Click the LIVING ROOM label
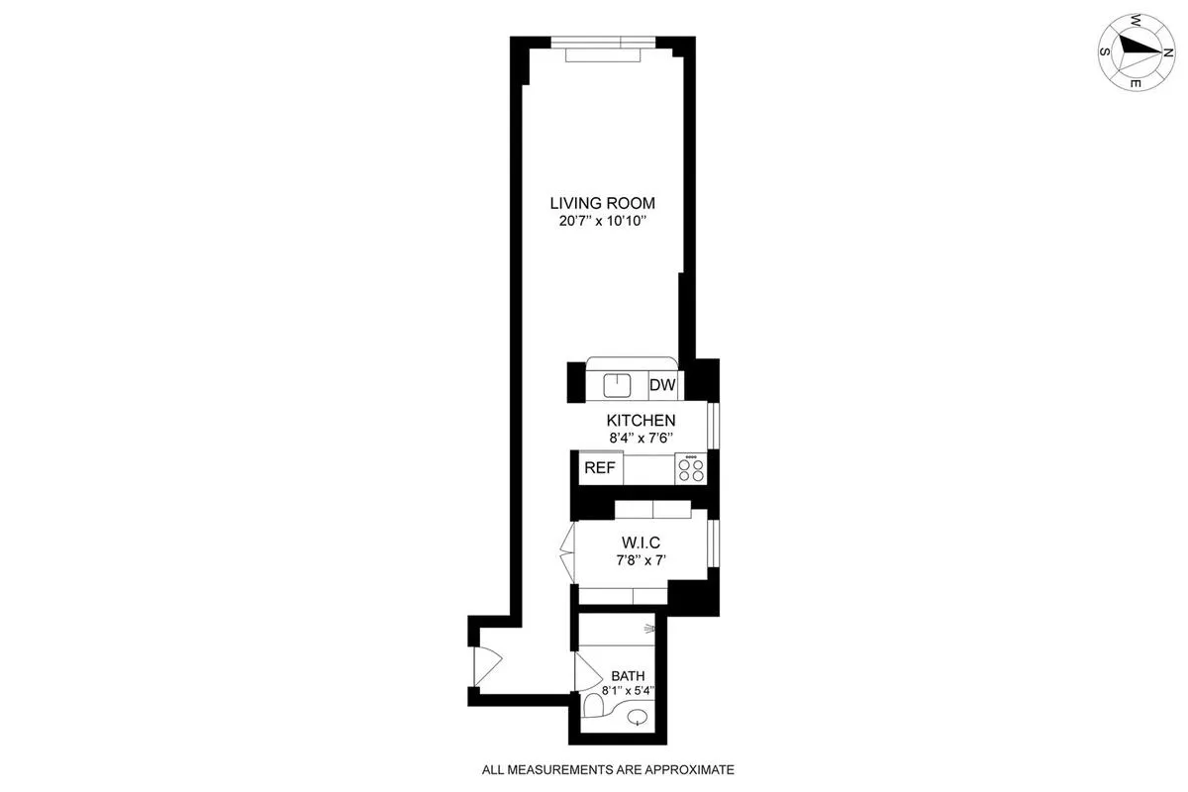coord(602,203)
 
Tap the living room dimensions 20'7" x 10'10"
coord(602,222)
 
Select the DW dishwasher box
coord(661,384)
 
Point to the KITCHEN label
coord(641,420)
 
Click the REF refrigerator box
coord(600,468)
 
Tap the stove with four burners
coord(690,468)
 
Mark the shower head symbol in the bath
coord(649,628)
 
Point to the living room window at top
coord(602,48)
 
